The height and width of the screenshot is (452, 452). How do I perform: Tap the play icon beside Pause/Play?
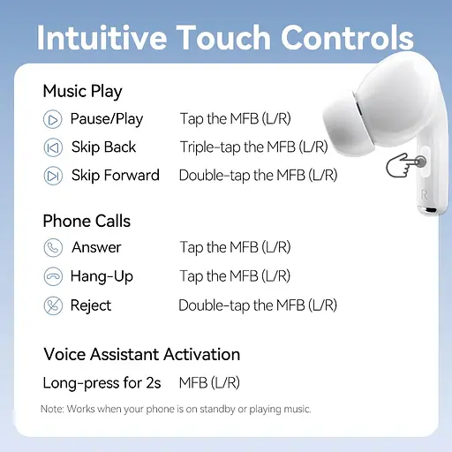pyautogui.click(x=54, y=119)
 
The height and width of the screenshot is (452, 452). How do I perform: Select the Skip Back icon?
pyautogui.click(x=54, y=147)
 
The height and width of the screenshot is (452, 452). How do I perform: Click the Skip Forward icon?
pyautogui.click(x=54, y=175)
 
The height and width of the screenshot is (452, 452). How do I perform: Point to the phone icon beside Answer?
pyautogui.click(x=54, y=247)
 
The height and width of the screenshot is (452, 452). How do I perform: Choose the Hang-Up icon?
pyautogui.click(x=54, y=276)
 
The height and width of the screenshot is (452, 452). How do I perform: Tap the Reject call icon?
pyautogui.click(x=54, y=305)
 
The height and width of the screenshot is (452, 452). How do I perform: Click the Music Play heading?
pyautogui.click(x=82, y=91)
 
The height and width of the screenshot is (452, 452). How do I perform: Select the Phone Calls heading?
pyautogui.click(x=87, y=220)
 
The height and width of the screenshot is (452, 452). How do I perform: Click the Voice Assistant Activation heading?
pyautogui.click(x=141, y=354)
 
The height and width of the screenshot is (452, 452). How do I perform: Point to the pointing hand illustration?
pyautogui.click(x=404, y=164)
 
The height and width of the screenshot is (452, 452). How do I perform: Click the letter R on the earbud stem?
pyautogui.click(x=425, y=192)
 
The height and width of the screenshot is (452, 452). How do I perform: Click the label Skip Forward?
pyautogui.click(x=115, y=175)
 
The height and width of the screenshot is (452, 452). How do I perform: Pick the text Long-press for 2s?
pyautogui.click(x=102, y=383)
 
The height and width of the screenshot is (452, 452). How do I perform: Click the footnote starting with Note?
pyautogui.click(x=176, y=409)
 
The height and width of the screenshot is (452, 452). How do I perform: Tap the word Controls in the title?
pyautogui.click(x=347, y=38)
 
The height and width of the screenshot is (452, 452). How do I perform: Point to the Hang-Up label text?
pyautogui.click(x=102, y=276)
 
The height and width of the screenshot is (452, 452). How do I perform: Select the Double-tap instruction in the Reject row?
pyautogui.click(x=258, y=305)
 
